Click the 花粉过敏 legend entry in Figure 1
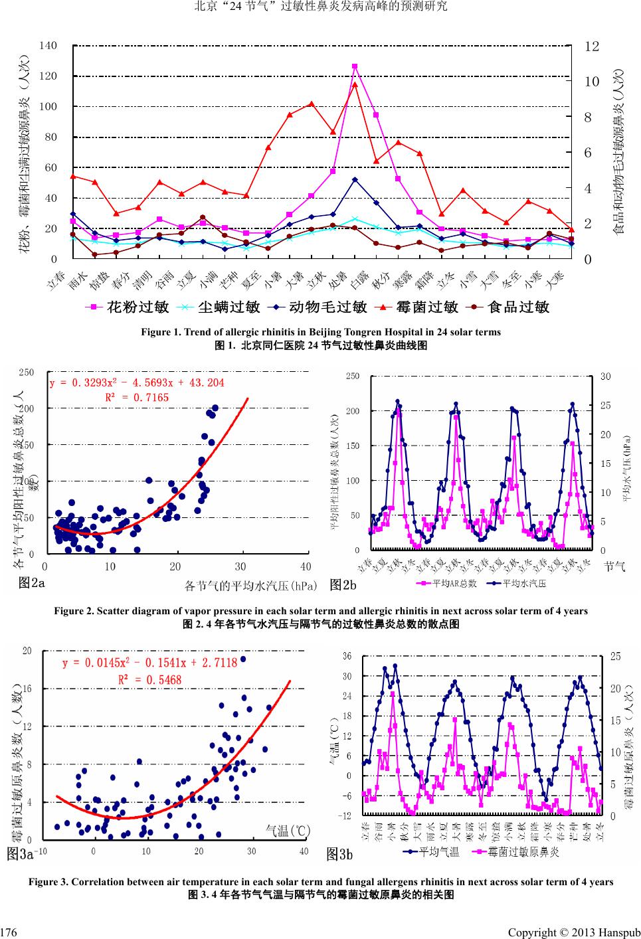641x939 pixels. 130,307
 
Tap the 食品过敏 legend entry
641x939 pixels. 511,307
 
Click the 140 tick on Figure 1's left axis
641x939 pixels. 48,45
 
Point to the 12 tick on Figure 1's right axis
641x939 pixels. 592,46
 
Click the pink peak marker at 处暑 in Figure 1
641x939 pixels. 355,66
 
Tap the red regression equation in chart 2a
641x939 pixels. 137,383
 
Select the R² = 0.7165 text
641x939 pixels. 137,398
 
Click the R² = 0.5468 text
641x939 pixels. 149,679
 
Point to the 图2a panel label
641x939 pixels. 32,584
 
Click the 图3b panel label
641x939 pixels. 340,855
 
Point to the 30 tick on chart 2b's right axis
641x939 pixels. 605,377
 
